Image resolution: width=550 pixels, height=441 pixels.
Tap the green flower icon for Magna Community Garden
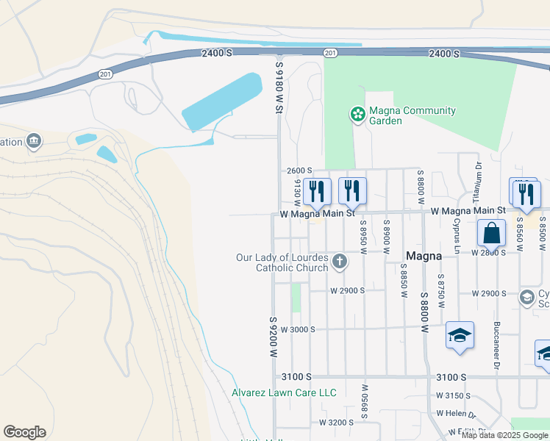(x=357, y=115)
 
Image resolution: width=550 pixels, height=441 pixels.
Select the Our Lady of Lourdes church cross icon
(x=340, y=261)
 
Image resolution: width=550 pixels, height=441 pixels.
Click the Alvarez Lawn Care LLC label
(x=285, y=393)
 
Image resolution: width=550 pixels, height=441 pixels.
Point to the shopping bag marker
(x=491, y=233)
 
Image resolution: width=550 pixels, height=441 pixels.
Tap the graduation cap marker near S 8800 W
(x=460, y=336)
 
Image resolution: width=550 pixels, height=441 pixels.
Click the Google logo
(x=24, y=432)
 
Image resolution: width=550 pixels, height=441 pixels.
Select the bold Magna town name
(x=424, y=257)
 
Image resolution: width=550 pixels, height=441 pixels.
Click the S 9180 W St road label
(x=279, y=87)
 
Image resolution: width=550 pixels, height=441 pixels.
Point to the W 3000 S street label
(x=298, y=329)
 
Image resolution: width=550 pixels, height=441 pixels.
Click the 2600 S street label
(x=299, y=171)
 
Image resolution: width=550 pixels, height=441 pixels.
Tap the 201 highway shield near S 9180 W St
(x=330, y=53)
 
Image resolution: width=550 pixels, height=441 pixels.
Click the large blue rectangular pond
(x=221, y=103)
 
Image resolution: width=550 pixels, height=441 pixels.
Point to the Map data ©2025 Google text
(x=504, y=435)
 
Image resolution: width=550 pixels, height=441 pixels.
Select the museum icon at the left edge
(x=34, y=140)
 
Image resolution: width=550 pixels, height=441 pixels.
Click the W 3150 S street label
(x=453, y=395)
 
